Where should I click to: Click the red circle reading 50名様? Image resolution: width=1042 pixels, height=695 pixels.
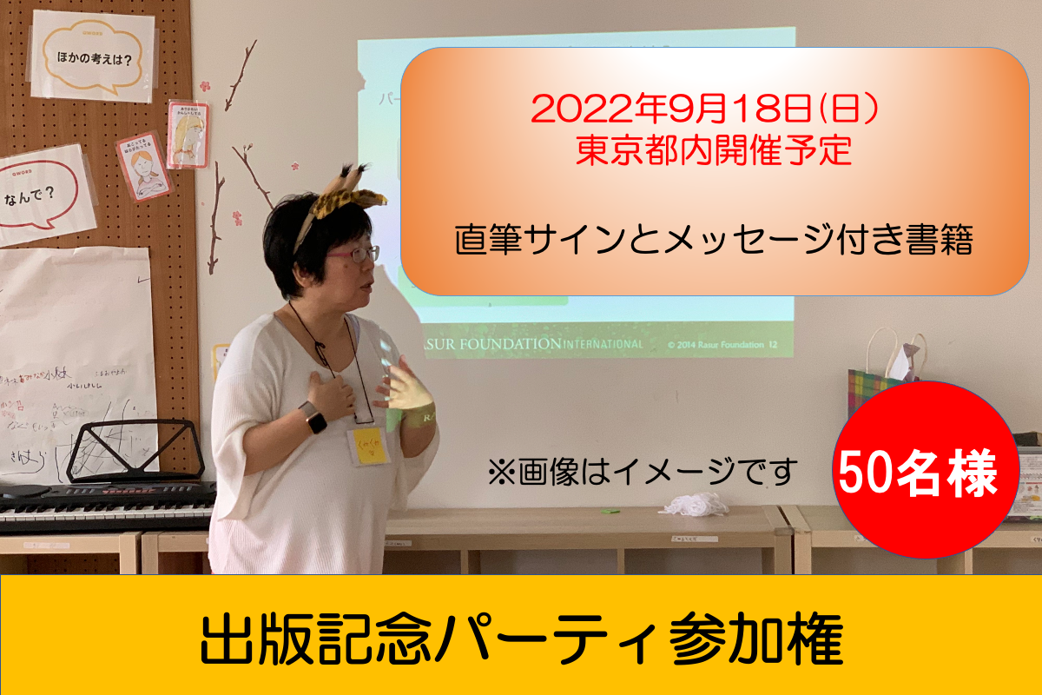pos(926,470)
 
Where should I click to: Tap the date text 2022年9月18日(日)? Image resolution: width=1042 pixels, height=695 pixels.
pos(708,109)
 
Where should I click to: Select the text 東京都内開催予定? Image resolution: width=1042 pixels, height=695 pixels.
pos(708,153)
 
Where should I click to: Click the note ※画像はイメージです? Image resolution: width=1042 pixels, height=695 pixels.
pos(643,472)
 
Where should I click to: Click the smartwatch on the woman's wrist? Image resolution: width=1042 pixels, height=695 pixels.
pos(313,419)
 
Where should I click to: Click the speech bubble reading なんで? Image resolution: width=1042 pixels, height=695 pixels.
pos(43,191)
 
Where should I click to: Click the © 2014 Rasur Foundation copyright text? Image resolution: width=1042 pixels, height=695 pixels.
pos(716,345)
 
